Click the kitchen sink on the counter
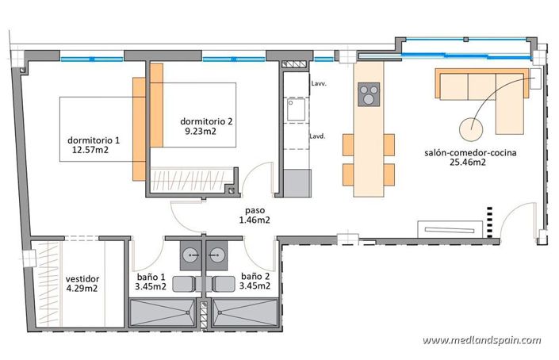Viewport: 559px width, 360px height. tap(297, 109)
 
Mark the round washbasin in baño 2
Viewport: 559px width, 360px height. tap(220, 254)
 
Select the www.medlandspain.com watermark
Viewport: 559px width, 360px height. tap(481, 340)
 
